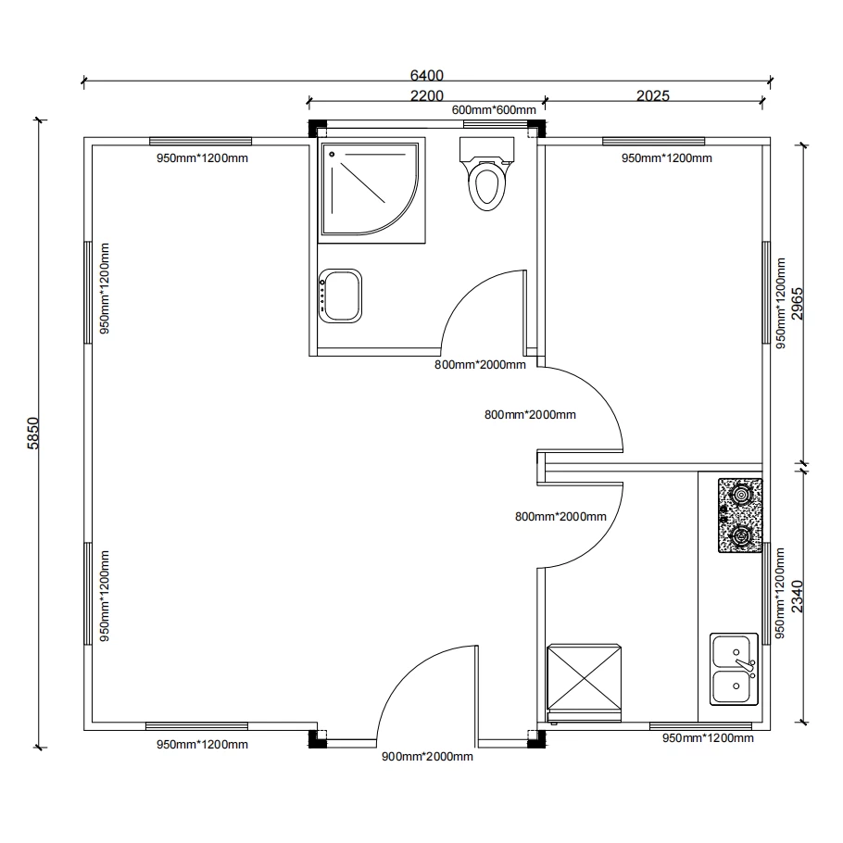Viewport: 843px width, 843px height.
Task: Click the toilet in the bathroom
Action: click(486, 173)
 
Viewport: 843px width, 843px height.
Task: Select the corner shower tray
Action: click(371, 190)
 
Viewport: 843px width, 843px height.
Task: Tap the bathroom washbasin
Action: click(340, 296)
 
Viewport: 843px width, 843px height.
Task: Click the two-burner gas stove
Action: click(740, 516)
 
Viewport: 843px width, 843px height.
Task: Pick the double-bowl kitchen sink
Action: click(734, 670)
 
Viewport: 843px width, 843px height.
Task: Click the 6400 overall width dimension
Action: click(427, 75)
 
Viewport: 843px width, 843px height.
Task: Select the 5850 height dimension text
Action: click(33, 434)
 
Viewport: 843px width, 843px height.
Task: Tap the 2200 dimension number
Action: click(427, 95)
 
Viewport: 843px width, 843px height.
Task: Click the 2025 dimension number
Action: click(653, 95)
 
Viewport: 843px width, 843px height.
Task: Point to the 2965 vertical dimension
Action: click(798, 304)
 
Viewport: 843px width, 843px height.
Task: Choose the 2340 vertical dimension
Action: click(798, 597)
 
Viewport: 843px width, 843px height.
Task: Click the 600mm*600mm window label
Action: click(494, 110)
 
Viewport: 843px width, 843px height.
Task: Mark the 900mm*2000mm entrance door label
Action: click(427, 757)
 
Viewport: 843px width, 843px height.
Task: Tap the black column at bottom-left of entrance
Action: click(317, 739)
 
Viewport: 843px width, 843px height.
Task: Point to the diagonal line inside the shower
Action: click(363, 182)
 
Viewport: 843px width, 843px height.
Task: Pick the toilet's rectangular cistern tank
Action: click(486, 149)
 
